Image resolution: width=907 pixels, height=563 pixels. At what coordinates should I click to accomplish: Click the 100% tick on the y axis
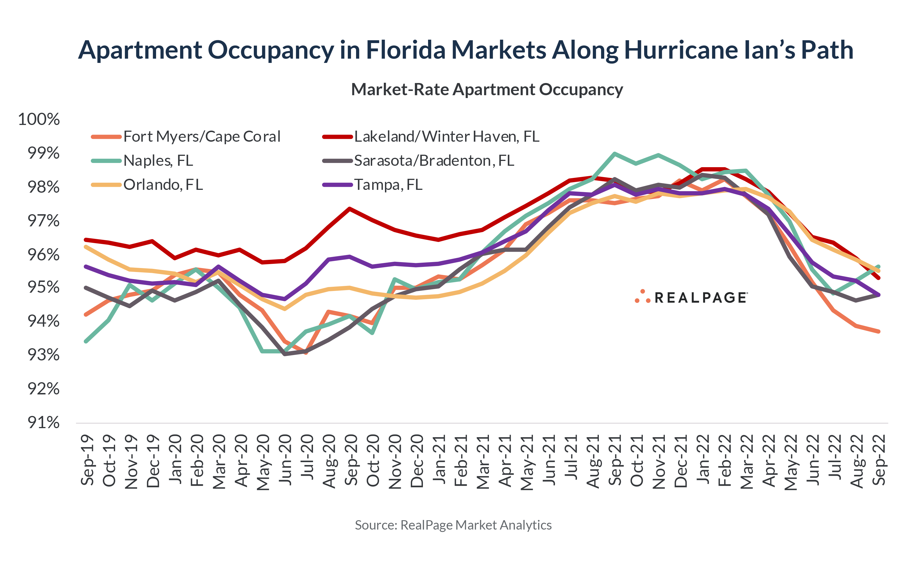click(39, 120)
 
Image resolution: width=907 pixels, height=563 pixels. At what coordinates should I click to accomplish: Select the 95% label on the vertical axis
click(43, 288)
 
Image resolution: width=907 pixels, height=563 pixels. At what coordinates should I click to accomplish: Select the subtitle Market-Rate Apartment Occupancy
click(487, 90)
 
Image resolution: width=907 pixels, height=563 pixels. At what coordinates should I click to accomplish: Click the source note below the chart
click(453, 525)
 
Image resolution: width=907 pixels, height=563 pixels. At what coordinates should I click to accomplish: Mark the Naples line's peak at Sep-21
click(614, 153)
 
